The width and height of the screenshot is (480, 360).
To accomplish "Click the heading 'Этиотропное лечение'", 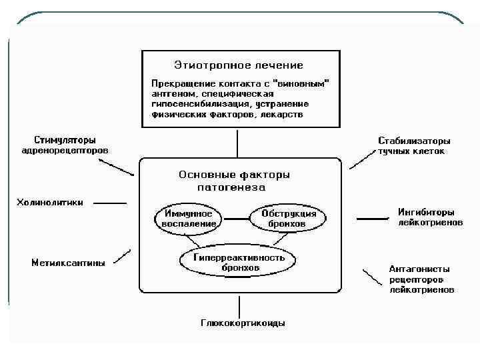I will (238, 65).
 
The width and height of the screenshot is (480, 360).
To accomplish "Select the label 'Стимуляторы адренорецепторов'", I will (65, 145).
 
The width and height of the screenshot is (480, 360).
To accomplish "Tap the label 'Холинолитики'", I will (50, 203).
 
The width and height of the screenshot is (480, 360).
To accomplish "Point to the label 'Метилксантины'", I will (68, 263).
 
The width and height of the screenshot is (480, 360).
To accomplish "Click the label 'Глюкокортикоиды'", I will (243, 323).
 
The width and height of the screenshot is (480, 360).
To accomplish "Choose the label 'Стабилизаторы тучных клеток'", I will (413, 146).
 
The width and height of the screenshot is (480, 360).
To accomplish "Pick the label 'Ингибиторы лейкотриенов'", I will (430, 217).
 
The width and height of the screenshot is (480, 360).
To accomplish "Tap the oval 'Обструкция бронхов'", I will (283, 219).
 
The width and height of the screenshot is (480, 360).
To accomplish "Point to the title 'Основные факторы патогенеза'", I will (234, 181).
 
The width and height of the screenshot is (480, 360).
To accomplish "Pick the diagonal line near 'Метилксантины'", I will (123, 256).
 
